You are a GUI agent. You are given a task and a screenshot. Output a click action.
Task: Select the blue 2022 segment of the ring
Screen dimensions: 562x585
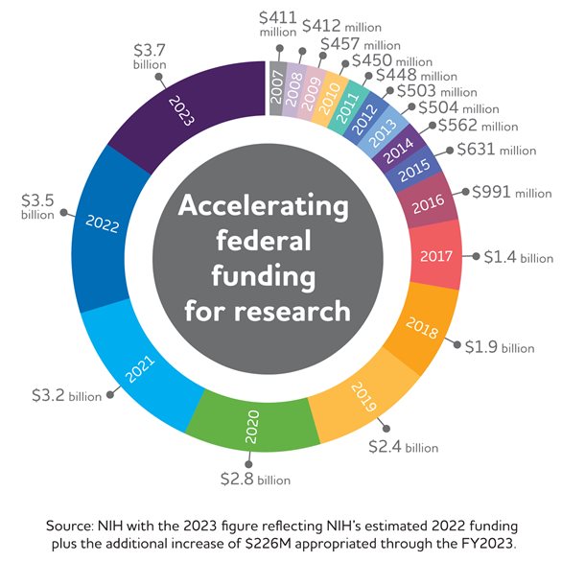105,225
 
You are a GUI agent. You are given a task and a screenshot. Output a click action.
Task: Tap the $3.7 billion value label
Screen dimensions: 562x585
149,56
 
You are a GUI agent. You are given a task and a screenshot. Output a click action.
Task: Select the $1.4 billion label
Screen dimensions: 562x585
518,258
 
